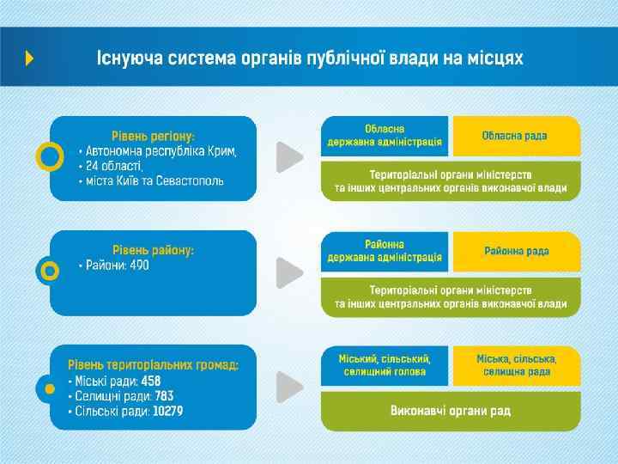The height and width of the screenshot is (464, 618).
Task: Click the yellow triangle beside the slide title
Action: pyautogui.click(x=30, y=58)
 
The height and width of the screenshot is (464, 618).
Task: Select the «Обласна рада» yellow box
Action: pyautogui.click(x=516, y=136)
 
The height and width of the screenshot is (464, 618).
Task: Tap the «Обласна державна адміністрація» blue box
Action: pyautogui.click(x=385, y=136)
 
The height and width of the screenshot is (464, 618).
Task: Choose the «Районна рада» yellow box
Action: pyautogui.click(x=516, y=251)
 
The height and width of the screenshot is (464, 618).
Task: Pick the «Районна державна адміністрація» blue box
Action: pyautogui.click(x=385, y=251)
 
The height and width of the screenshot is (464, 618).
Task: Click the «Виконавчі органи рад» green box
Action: pyautogui.click(x=451, y=411)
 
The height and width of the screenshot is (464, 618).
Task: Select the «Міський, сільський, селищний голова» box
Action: pyautogui.click(x=385, y=365)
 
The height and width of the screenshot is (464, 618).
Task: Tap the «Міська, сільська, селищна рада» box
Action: pyautogui.click(x=516, y=365)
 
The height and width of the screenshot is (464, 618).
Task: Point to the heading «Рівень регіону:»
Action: pyautogui.click(x=154, y=136)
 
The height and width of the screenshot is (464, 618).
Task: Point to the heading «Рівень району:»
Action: pyautogui.click(x=154, y=250)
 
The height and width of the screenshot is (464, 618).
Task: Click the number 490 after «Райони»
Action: pyautogui.click(x=137, y=266)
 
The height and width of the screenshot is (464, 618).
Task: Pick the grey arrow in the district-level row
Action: pyautogui.click(x=289, y=272)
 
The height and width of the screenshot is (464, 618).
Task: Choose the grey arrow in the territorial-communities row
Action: pyautogui.click(x=289, y=387)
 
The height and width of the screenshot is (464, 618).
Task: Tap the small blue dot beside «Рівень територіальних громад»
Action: pyautogui.click(x=45, y=388)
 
